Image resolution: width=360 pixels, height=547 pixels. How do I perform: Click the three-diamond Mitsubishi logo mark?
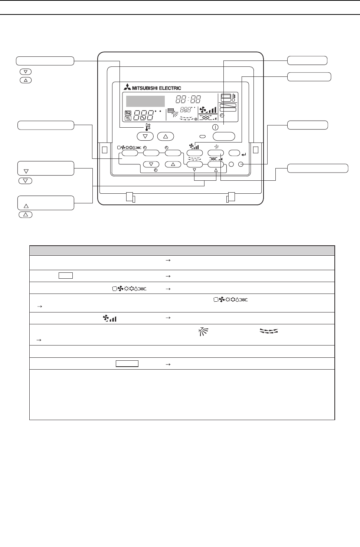pos(127,88)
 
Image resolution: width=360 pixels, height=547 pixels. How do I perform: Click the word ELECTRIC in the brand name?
pos(170,88)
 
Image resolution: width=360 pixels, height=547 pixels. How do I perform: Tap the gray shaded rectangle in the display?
pos(145,101)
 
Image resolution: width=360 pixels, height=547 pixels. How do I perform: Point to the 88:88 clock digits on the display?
pos(188,99)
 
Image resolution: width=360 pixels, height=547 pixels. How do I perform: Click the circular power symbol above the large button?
pos(216,127)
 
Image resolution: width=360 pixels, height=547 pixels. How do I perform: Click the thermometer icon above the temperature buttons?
pos(148,127)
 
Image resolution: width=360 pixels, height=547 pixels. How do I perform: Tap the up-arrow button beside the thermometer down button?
pos(166,137)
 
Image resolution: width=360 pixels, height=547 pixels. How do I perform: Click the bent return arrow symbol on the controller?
pos(243,153)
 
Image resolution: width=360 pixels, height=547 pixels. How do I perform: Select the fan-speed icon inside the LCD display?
pos(208,110)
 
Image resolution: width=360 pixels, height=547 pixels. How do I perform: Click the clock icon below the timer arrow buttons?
pos(156,170)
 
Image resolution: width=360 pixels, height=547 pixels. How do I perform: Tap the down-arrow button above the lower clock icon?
pos(151,164)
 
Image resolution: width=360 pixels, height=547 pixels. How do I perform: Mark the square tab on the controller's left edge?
pos(104,150)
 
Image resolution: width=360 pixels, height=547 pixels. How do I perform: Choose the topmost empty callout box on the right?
pos(308,60)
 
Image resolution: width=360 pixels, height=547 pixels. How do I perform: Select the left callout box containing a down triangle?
pos(46,168)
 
